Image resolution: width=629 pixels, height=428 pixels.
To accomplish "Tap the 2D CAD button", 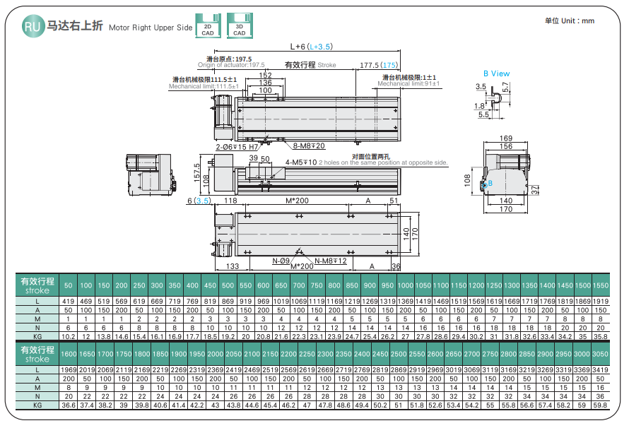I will coord(207,27).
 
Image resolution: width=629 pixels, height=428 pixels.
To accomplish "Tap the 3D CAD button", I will coord(239,27).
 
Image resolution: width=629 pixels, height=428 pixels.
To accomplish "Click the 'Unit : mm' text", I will coord(570,21).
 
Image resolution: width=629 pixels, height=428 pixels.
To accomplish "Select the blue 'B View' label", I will coord(496,73).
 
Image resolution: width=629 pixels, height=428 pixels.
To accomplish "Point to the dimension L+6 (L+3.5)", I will coord(311,47).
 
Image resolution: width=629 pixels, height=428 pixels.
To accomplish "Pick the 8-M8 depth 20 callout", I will coord(309,146).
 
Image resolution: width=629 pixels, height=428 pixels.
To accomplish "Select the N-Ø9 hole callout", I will coord(281,261).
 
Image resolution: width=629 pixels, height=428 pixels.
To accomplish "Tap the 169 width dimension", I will coord(505,138).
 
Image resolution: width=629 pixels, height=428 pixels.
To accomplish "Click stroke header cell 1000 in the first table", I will coord(405,285).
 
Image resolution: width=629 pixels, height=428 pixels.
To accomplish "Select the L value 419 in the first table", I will coord(68,301).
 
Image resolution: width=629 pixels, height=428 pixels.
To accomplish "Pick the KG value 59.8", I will coord(599,405).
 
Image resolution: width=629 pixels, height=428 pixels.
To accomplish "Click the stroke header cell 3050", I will coord(599,353).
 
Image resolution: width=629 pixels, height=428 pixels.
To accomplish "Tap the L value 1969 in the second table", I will coord(68,369).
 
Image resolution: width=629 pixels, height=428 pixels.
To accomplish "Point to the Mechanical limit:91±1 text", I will coord(408,84).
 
